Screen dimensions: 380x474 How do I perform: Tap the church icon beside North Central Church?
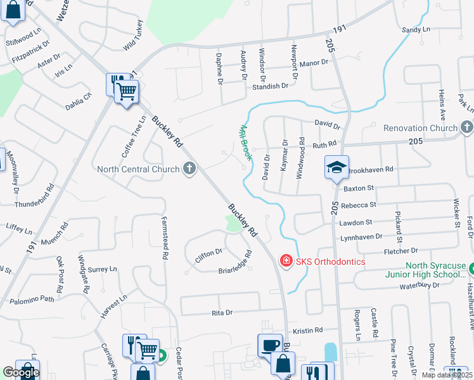click(x=189, y=168)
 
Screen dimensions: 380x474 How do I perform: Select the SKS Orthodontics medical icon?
click(x=286, y=261)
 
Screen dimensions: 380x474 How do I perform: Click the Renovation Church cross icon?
click(x=466, y=128)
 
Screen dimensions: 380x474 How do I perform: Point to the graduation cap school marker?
click(x=336, y=167)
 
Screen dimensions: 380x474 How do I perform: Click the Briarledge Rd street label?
click(x=236, y=263)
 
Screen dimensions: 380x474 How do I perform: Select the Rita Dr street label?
click(x=222, y=312)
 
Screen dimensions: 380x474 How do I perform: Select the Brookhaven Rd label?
click(x=371, y=170)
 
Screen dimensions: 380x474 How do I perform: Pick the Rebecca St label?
click(x=358, y=205)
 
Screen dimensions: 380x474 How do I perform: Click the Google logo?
click(x=20, y=372)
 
